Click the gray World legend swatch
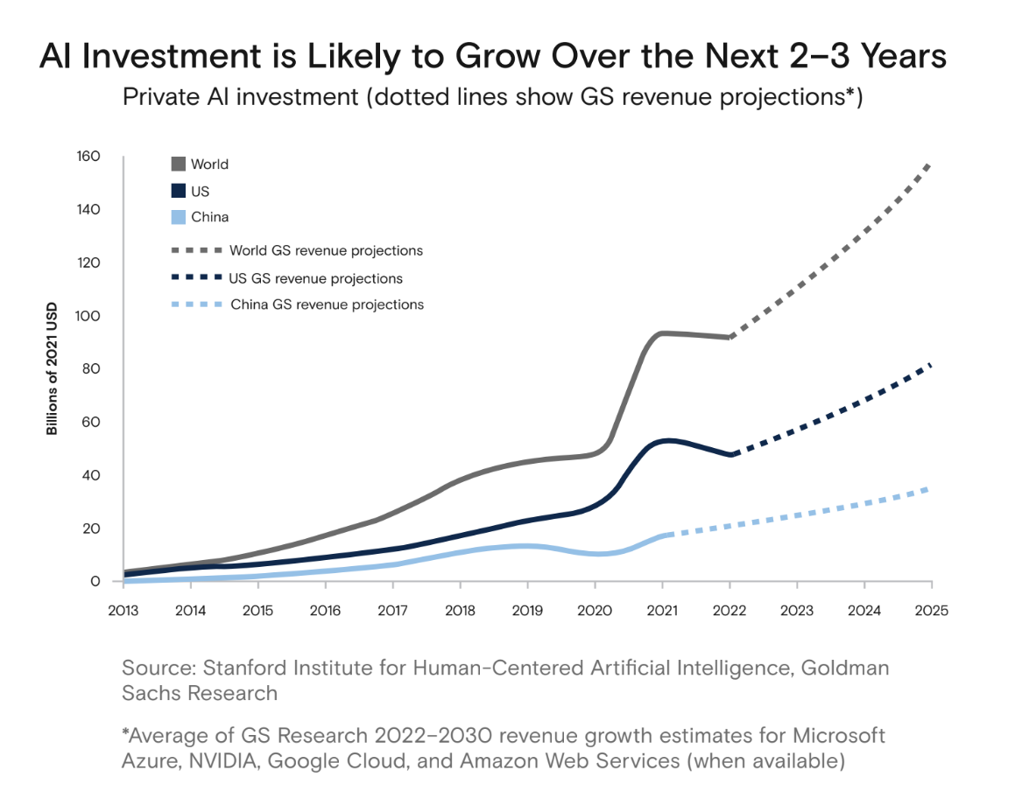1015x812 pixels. click(178, 164)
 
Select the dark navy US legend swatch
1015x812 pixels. click(178, 191)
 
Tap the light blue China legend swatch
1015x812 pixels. click(178, 217)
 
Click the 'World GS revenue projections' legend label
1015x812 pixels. click(326, 250)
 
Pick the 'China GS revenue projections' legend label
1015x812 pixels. click(327, 304)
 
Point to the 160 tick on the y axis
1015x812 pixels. click(89, 157)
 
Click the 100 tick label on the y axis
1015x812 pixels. click(89, 316)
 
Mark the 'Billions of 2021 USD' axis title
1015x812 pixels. click(53, 368)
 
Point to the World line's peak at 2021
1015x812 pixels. click(663, 332)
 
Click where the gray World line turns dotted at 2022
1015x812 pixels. click(730, 337)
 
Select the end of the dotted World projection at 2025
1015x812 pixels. click(929, 164)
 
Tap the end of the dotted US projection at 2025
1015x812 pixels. click(930, 365)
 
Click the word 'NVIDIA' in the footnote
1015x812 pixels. click(215, 760)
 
